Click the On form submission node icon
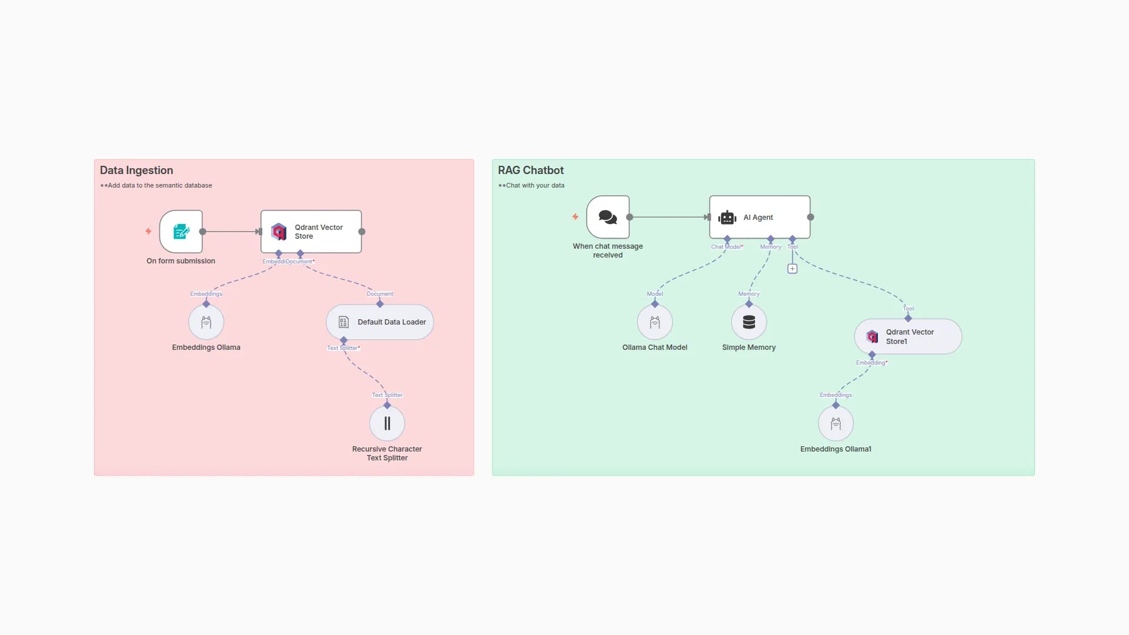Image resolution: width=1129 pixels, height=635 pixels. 181,232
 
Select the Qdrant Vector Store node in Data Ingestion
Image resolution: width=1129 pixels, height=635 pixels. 311,232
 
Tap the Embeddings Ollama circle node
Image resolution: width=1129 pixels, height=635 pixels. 206,322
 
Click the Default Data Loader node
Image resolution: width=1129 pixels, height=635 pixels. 380,322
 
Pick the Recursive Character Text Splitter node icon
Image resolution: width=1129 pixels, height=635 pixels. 387,423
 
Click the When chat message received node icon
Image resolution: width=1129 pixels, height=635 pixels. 607,217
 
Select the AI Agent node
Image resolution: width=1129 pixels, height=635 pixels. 759,217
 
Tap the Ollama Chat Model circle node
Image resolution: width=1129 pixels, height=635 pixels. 654,322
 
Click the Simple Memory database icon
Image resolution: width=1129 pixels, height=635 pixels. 749,322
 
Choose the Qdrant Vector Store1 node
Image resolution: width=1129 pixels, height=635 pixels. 907,336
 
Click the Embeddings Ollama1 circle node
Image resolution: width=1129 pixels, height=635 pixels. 836,423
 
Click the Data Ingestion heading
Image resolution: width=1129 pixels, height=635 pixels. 136,171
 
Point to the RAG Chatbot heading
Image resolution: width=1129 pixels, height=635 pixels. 530,171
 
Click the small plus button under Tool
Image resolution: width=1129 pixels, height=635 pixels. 792,269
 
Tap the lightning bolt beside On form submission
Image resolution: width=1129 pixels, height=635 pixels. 148,232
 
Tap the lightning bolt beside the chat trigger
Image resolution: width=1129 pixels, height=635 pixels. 575,217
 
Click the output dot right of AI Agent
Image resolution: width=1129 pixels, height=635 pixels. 810,217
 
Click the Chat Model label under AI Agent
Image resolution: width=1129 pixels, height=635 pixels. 727,247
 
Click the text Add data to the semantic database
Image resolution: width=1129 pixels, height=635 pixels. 159,185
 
